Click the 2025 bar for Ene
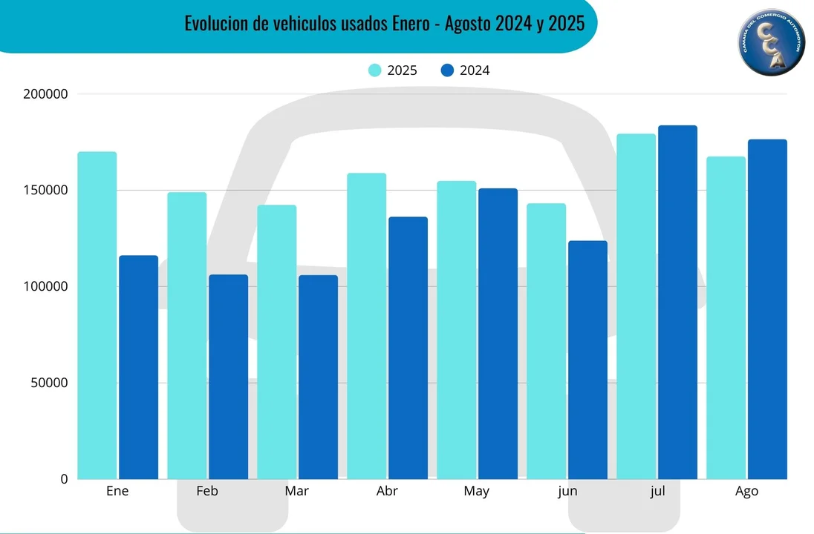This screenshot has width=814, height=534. coord(97,315)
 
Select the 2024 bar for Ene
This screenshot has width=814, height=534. coord(139,367)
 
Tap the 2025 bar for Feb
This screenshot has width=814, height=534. coord(186,335)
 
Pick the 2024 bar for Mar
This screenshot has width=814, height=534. coord(319,377)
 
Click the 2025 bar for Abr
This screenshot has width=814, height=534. coord(366,326)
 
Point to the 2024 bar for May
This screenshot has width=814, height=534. coord(498,334)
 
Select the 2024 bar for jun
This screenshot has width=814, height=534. coord(587,360)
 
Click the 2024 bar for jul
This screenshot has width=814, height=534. coord(677,302)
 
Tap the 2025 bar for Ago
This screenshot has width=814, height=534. coord(726,317)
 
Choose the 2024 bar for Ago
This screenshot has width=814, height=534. coord(767,309)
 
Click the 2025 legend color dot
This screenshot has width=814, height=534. coord(375,70)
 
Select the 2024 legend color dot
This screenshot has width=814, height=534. coord(447,70)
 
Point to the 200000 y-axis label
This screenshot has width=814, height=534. coord(46,94)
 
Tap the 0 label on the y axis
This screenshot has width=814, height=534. coord(64,479)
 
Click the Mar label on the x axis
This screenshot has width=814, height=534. coord(297,491)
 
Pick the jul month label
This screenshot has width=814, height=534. coord(657,491)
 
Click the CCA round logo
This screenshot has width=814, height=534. coord(771,41)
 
